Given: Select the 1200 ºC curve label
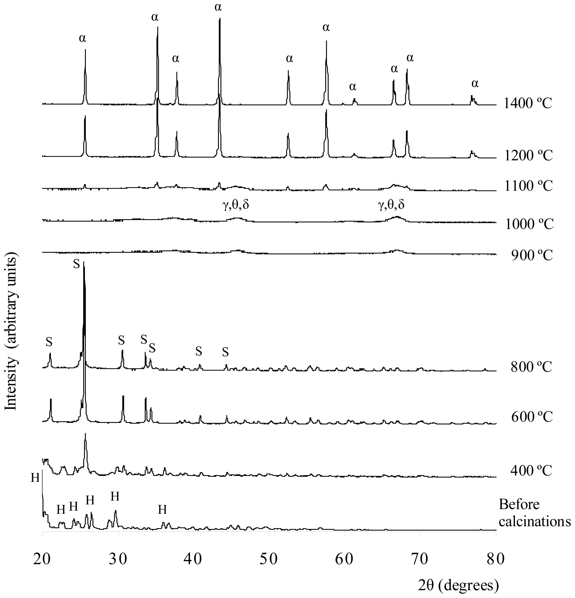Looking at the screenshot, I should (528, 156).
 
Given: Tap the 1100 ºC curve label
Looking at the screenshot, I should (528, 186).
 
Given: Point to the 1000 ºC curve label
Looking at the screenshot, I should (529, 224).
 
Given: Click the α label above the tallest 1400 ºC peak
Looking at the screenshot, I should (218, 7).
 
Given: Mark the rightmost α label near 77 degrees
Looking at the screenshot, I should (475, 83).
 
